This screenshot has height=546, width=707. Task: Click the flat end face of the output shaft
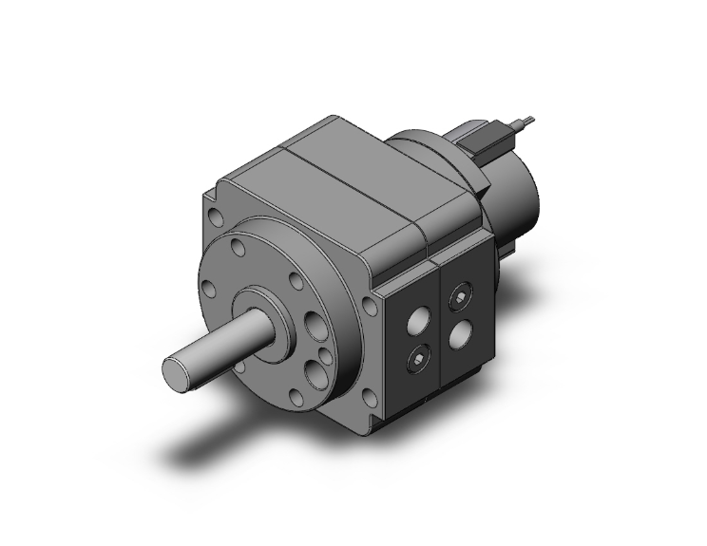(178, 370)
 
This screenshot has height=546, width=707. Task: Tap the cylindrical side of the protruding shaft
(223, 347)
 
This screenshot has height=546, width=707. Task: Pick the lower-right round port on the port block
(462, 333)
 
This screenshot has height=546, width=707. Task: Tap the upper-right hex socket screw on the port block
(462, 296)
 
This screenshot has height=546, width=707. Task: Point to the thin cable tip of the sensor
(529, 120)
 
